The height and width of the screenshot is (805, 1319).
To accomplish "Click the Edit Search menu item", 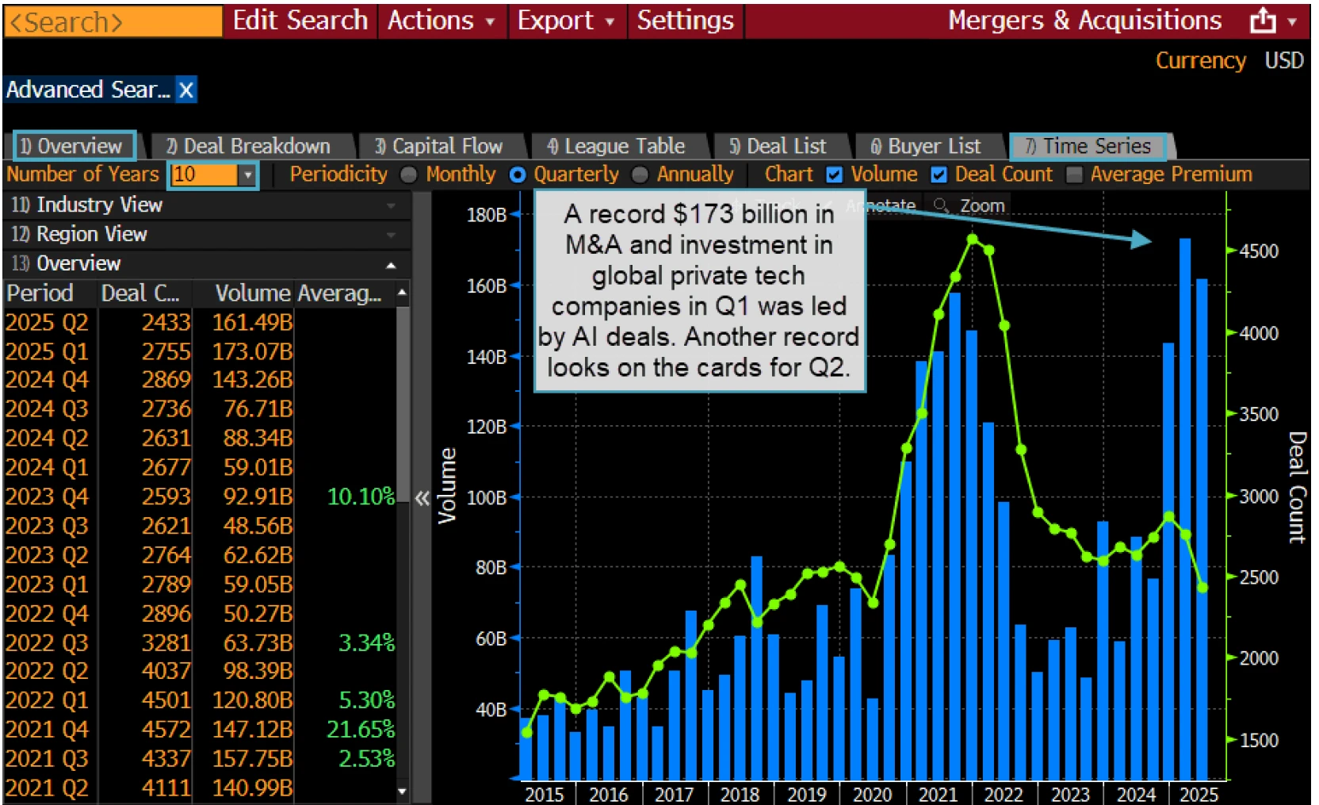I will pyautogui.click(x=300, y=21).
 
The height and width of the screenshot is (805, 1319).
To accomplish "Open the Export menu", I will pyautogui.click(x=565, y=21).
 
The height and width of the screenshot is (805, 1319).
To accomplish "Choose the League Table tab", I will pyautogui.click(x=616, y=147).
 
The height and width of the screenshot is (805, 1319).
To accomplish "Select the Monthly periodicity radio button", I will pyautogui.click(x=409, y=174).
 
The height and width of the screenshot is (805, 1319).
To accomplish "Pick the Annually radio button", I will pyautogui.click(x=640, y=174).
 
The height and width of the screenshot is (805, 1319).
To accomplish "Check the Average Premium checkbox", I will pyautogui.click(x=1074, y=174).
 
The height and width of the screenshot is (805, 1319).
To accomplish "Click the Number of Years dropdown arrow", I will pyautogui.click(x=248, y=174).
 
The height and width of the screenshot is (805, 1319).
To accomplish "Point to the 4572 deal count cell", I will pyautogui.click(x=166, y=729).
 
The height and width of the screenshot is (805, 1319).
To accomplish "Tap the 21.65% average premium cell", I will pyautogui.click(x=361, y=729).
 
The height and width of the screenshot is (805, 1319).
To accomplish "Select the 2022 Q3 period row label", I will pyautogui.click(x=47, y=642).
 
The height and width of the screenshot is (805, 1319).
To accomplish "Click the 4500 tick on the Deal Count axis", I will pyautogui.click(x=1259, y=251).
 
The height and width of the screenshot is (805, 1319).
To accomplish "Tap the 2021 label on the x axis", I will pyautogui.click(x=938, y=794).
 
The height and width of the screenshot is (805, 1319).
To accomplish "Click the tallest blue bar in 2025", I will pyautogui.click(x=1185, y=508).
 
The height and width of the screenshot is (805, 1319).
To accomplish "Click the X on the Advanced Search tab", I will pyautogui.click(x=186, y=90).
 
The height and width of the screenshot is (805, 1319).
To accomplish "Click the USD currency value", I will pyautogui.click(x=1283, y=60).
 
